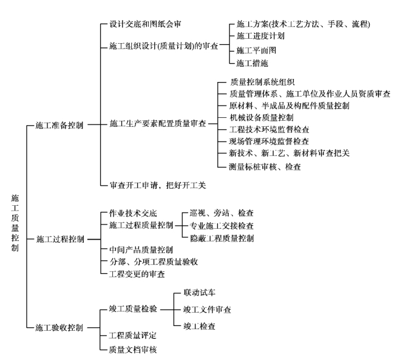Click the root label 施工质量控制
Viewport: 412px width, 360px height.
[x=15, y=223]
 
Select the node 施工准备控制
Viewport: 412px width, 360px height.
[x=59, y=125]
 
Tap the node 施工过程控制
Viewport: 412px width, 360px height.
[x=60, y=239]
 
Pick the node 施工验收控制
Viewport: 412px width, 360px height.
[x=59, y=328]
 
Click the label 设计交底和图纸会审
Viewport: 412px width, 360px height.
[x=145, y=24]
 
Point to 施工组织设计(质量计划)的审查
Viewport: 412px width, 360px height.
[x=164, y=46]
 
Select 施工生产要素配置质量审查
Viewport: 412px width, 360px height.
[x=158, y=123]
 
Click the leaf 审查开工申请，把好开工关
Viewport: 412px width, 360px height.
[x=158, y=185]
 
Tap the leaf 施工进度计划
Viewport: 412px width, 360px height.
[x=260, y=36]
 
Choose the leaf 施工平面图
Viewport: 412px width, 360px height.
[x=256, y=50]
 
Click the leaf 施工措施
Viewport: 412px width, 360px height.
[x=252, y=63]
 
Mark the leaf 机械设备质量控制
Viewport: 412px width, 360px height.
[x=262, y=118]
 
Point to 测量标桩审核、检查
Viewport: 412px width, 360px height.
[x=265, y=167]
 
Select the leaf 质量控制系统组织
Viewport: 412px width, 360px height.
[x=262, y=82]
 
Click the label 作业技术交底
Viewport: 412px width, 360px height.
[x=133, y=213]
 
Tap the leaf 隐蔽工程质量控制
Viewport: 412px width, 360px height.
[x=222, y=239]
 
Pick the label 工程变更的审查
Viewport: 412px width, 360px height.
[x=137, y=274]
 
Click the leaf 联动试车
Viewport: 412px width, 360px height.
[x=200, y=293]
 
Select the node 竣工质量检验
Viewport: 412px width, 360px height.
[x=133, y=309]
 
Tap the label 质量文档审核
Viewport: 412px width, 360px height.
[x=133, y=350]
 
